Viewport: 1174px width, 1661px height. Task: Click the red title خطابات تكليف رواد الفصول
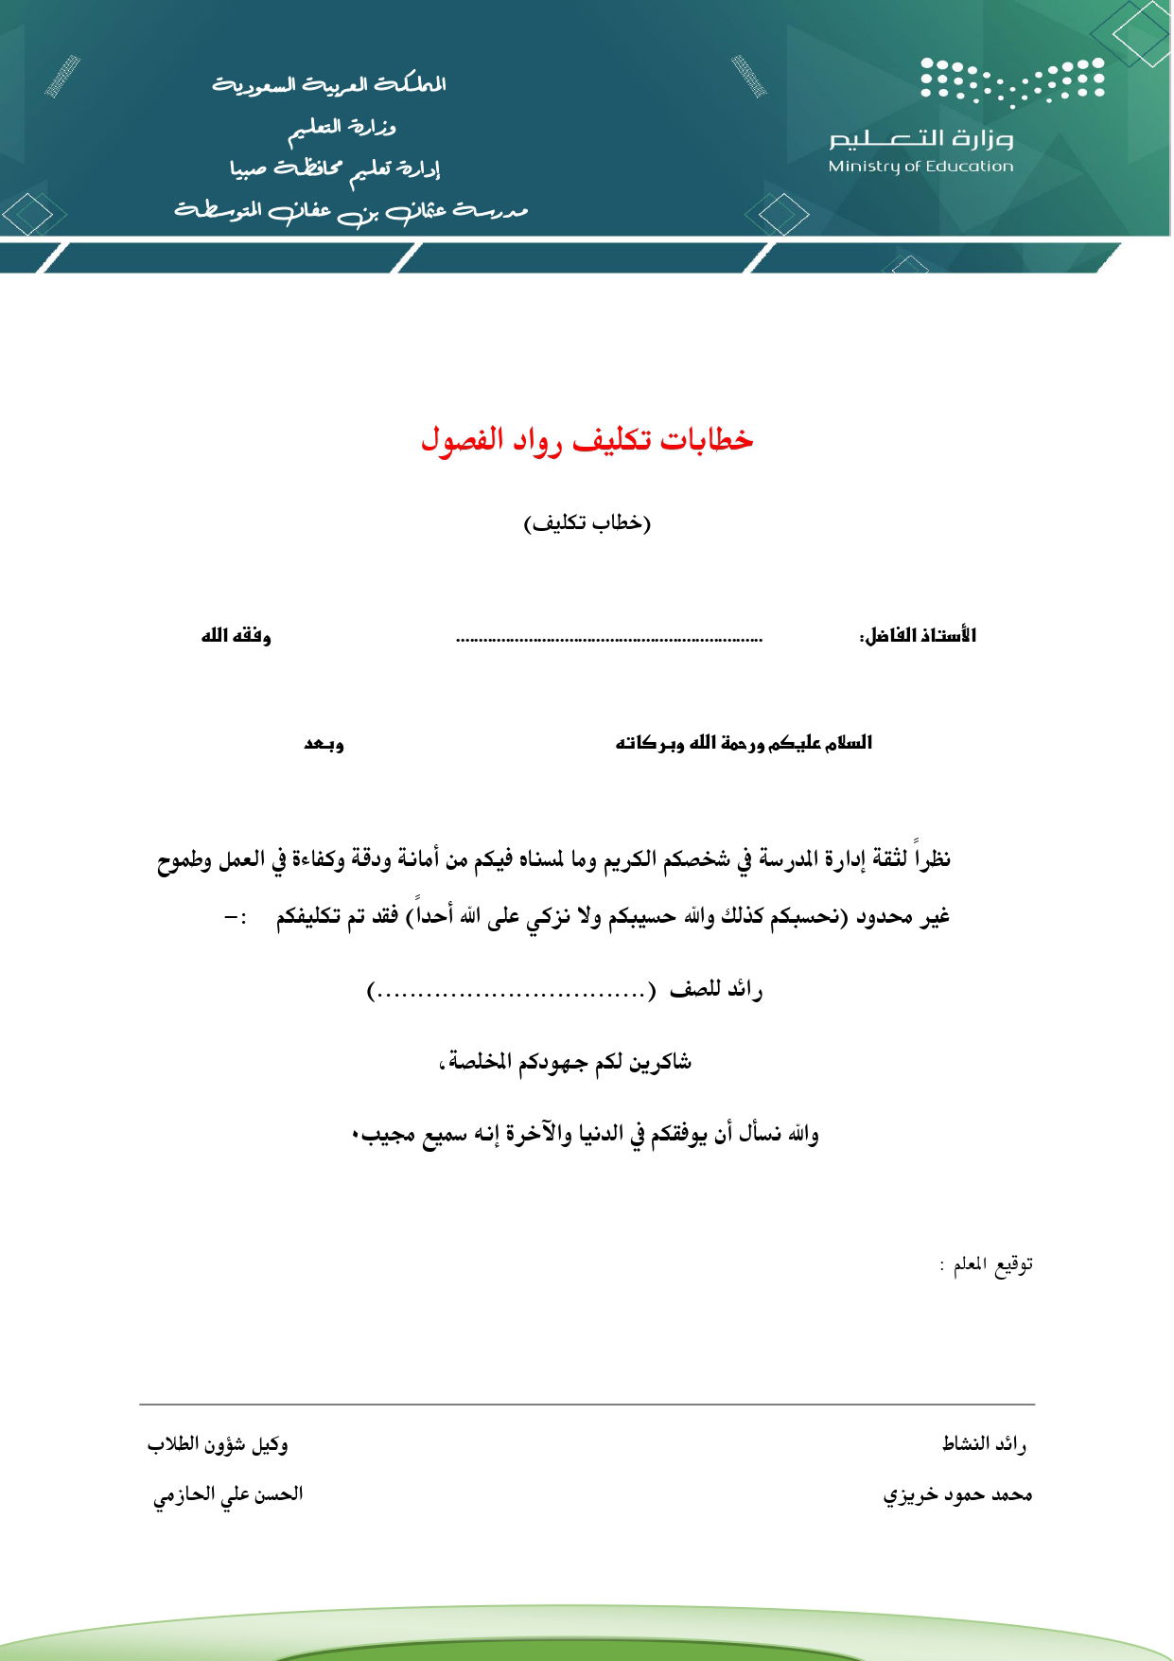(x=587, y=440)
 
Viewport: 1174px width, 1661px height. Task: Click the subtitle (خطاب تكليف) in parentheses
(x=587, y=522)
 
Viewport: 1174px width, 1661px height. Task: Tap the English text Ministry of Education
(x=920, y=167)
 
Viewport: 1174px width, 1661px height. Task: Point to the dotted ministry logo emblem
(x=1012, y=80)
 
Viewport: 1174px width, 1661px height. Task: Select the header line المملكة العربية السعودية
(x=329, y=85)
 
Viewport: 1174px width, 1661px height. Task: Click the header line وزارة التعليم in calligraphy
(x=342, y=127)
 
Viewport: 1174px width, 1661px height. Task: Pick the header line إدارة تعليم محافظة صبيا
(x=335, y=169)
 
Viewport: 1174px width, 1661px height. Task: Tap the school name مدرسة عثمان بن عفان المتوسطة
(x=350, y=211)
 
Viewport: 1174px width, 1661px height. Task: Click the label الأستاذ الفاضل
(x=917, y=635)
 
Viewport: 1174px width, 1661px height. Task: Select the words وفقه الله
(x=236, y=635)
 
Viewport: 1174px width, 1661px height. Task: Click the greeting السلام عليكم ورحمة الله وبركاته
(x=744, y=743)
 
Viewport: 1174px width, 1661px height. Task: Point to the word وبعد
(x=324, y=743)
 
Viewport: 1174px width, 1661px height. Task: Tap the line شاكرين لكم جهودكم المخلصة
(x=566, y=1062)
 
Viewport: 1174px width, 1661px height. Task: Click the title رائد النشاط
(x=984, y=1443)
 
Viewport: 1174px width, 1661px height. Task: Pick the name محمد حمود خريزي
(x=957, y=1494)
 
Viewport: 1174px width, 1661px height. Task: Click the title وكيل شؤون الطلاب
(x=218, y=1444)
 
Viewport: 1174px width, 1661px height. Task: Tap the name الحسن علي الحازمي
(x=228, y=1494)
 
